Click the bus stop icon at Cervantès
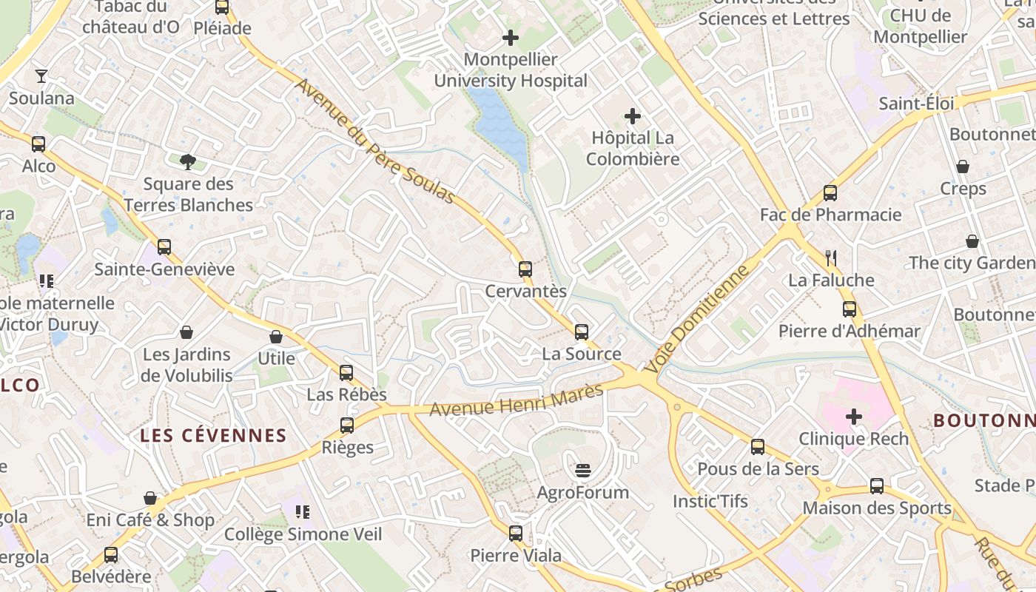tap(525, 269)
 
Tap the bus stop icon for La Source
tap(582, 332)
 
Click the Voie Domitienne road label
tap(696, 320)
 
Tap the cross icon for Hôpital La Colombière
tap(633, 116)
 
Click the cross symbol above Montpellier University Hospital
tap(511, 37)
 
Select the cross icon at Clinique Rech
tap(854, 417)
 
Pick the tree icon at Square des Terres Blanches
tap(188, 161)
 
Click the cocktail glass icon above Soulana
tap(41, 76)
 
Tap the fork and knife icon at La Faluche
tap(831, 258)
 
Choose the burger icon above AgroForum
tap(583, 470)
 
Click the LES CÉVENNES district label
tap(213, 435)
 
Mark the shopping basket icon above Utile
tap(276, 337)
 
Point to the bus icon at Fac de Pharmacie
tap(830, 192)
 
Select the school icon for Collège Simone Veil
tap(302, 511)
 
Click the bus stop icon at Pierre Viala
tap(516, 533)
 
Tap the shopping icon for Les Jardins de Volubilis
tap(186, 332)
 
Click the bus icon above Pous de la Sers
tap(758, 446)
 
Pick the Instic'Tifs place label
tap(710, 501)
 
